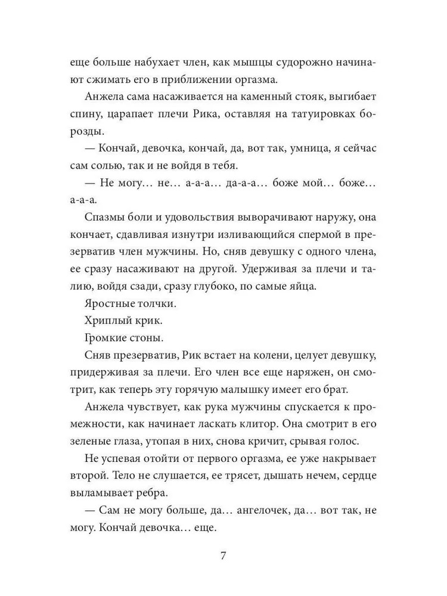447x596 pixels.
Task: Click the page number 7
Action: point(223,557)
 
